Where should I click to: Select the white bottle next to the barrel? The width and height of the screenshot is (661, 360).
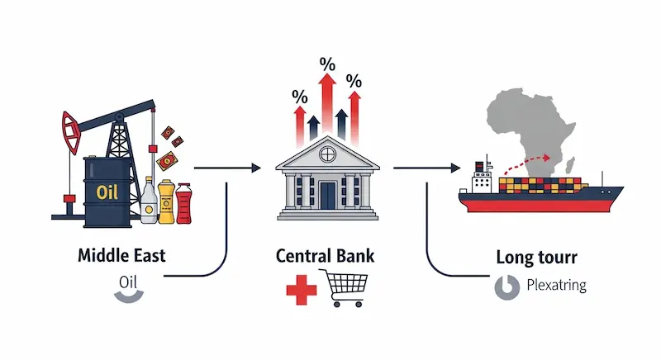pyautogui.click(x=149, y=201)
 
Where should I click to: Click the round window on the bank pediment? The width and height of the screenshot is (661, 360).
pyautogui.click(x=327, y=154)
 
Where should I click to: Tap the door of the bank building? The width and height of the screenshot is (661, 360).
pyautogui.click(x=328, y=197)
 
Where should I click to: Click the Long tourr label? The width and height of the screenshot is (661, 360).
pyautogui.click(x=537, y=257)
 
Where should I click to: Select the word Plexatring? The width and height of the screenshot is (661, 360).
pyautogui.click(x=555, y=287)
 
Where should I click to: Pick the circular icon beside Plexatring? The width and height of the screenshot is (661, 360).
pyautogui.click(x=505, y=287)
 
